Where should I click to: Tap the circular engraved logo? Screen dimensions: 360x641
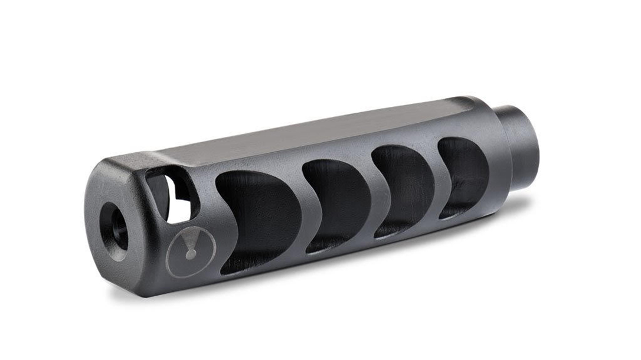coord(191,251)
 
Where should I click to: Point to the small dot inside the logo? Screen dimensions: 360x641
coord(190,254)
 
